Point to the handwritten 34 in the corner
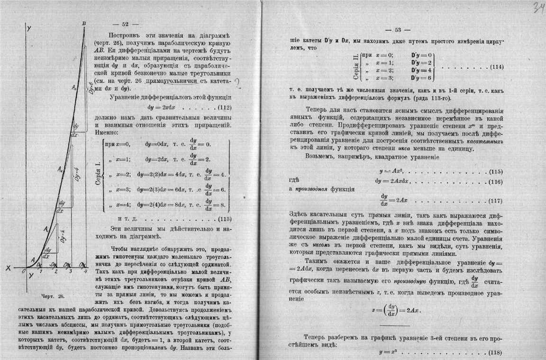click(x=536, y=8)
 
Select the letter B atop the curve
click(x=83, y=24)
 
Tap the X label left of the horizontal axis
click(x=8, y=268)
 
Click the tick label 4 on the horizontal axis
click(x=85, y=271)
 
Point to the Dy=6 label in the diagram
click(x=91, y=88)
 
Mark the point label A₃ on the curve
click(x=73, y=87)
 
